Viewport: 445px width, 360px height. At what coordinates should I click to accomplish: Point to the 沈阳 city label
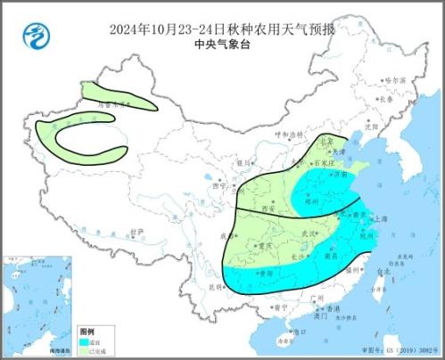pos(370,126)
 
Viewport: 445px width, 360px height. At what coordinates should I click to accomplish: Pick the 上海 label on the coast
pos(381,218)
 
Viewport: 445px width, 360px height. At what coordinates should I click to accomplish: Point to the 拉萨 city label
pos(135,233)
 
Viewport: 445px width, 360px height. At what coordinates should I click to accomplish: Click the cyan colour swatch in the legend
pos(85,340)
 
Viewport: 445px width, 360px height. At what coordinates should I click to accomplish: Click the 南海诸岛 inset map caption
pos(26,353)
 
